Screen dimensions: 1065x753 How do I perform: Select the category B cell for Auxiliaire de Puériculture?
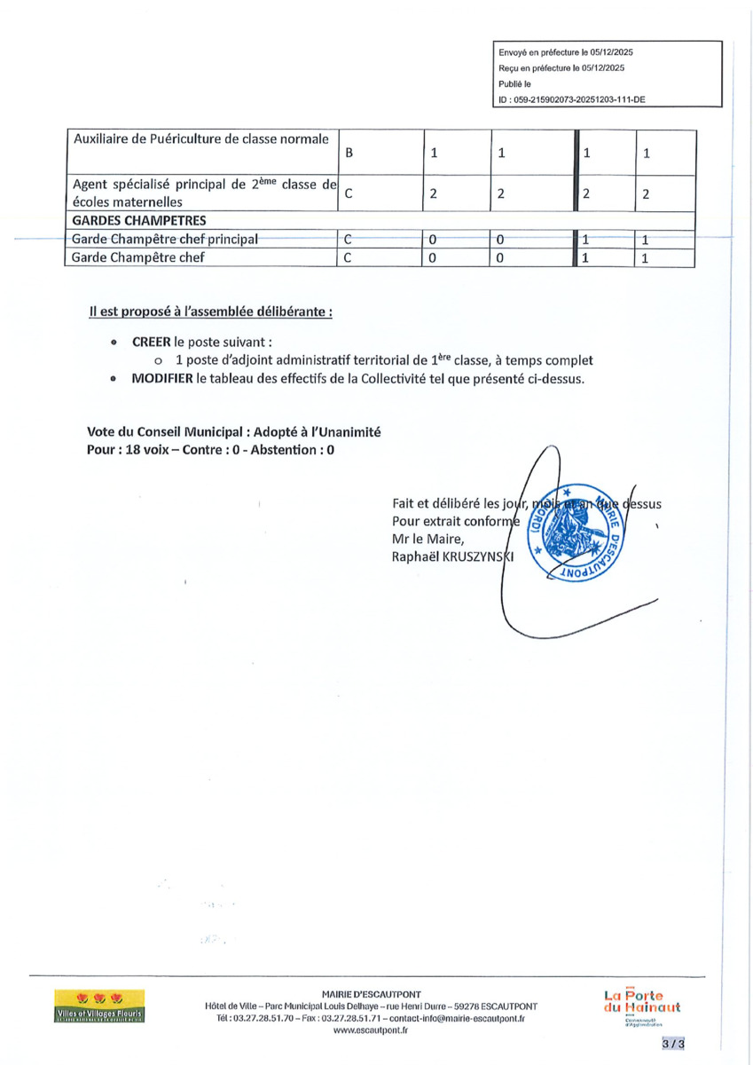pyautogui.click(x=349, y=153)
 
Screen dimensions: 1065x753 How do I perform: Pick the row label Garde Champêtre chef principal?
pyautogui.click(x=166, y=239)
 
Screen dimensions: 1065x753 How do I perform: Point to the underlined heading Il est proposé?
pyautogui.click(x=211, y=312)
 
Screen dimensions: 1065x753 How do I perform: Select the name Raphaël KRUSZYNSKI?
pyautogui.click(x=453, y=556)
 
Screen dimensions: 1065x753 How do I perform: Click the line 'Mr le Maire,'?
pyautogui.click(x=427, y=539)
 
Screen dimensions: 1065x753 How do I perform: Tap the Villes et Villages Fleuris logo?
pyautogui.click(x=99, y=1006)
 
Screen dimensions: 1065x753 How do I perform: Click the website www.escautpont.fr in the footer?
pyautogui.click(x=371, y=1030)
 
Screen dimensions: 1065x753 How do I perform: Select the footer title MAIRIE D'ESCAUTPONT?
pyautogui.click(x=371, y=994)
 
